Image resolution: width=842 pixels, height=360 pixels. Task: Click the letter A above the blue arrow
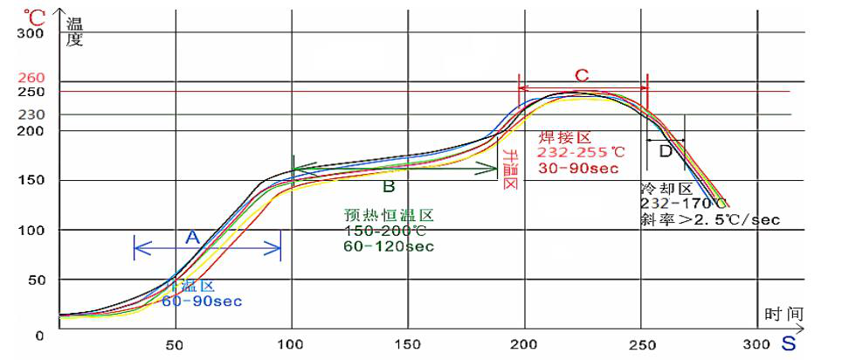pos(193,236)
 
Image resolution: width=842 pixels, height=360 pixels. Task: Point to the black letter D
pos(666,151)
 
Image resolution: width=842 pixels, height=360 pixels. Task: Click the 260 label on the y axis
pos(31,77)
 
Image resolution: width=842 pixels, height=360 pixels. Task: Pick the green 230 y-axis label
pos(31,114)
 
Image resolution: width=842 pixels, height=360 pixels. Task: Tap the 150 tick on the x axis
pos(407,343)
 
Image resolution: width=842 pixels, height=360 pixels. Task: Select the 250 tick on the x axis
pos(641,343)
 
